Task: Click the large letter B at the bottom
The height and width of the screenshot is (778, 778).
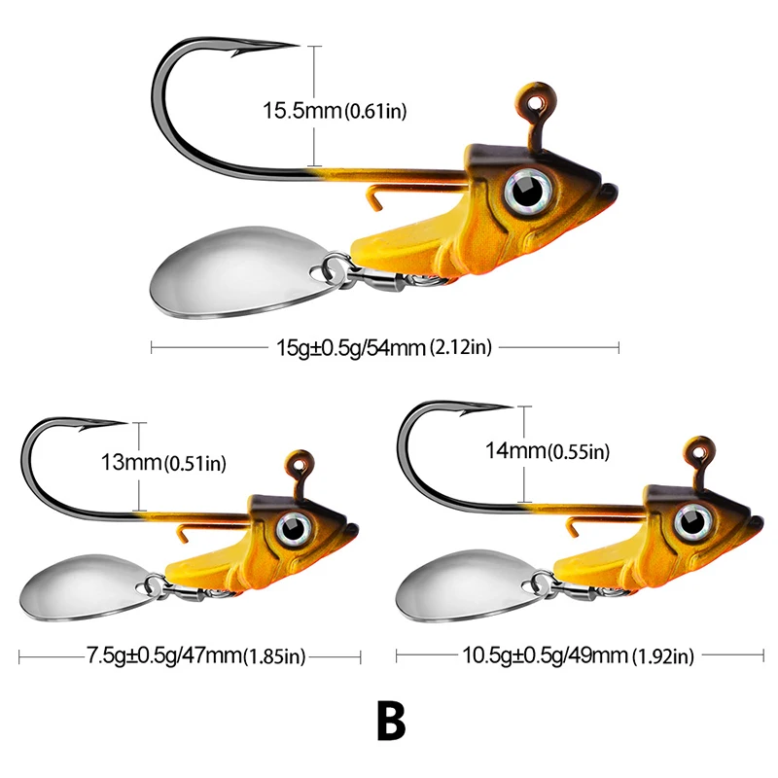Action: (388, 720)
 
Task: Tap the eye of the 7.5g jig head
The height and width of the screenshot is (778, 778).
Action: (291, 528)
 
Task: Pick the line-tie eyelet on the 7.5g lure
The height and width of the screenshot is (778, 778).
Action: (300, 458)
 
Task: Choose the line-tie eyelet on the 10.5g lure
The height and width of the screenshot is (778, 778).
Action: (698, 449)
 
